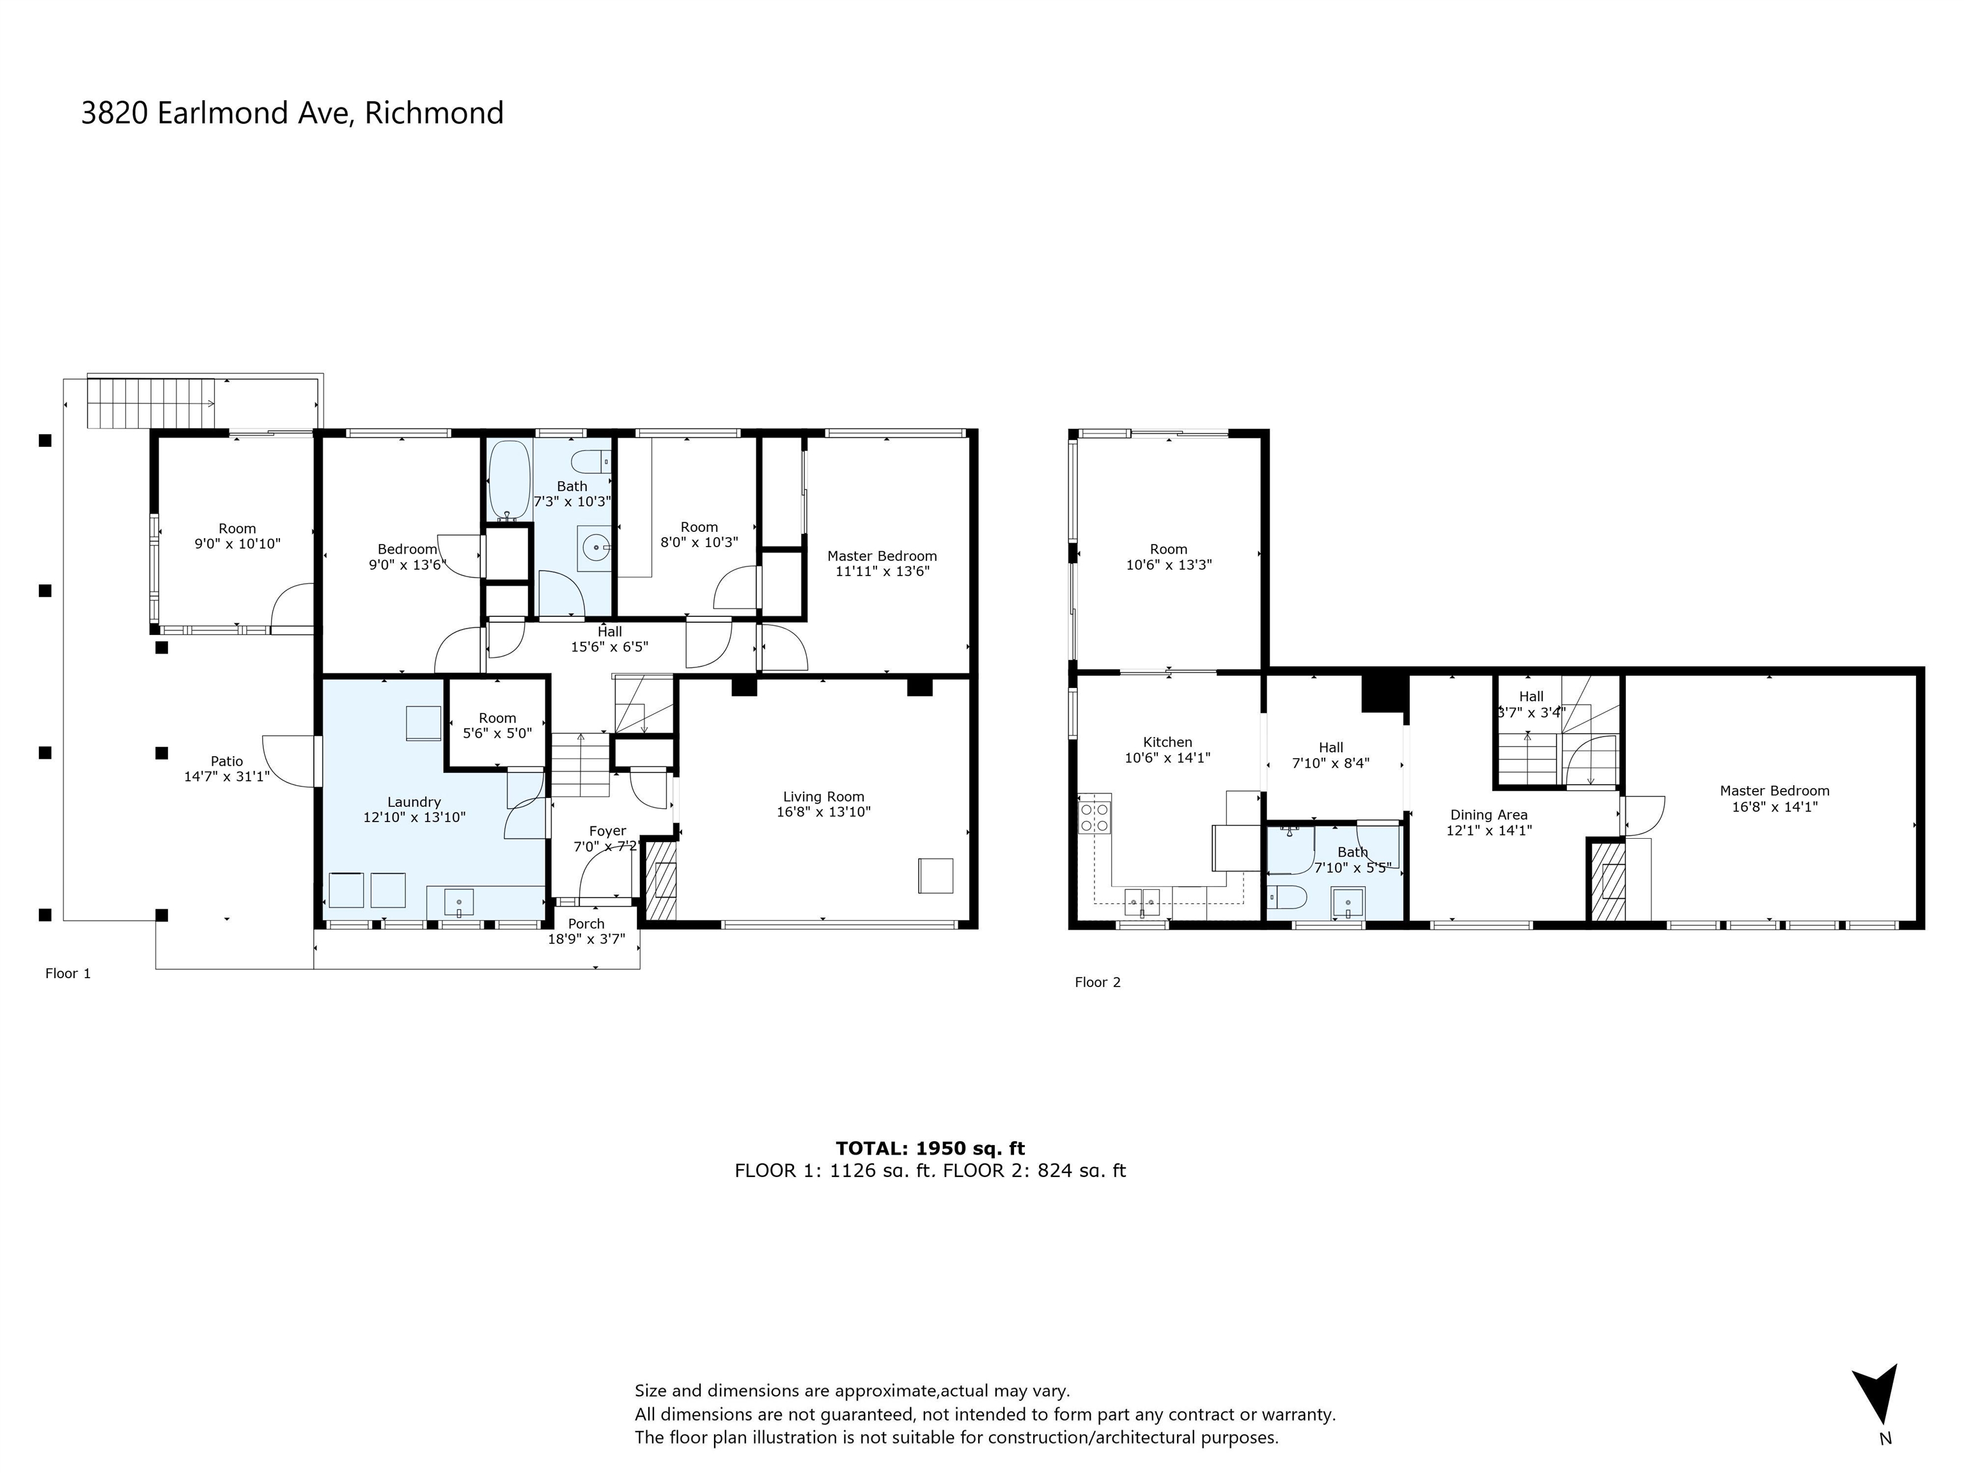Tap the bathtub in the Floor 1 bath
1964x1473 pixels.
510,480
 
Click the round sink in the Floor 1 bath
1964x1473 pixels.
596,548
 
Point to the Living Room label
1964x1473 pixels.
823,797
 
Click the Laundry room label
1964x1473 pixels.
414,802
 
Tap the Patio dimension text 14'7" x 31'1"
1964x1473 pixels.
226,777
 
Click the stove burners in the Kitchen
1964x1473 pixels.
1095,817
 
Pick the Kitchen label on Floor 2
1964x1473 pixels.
1167,742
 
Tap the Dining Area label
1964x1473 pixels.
1489,815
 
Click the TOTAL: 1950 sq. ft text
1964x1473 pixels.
930,1149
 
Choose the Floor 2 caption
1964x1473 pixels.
1098,983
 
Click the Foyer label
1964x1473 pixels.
607,832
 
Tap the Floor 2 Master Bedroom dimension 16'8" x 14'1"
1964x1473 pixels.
1774,807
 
